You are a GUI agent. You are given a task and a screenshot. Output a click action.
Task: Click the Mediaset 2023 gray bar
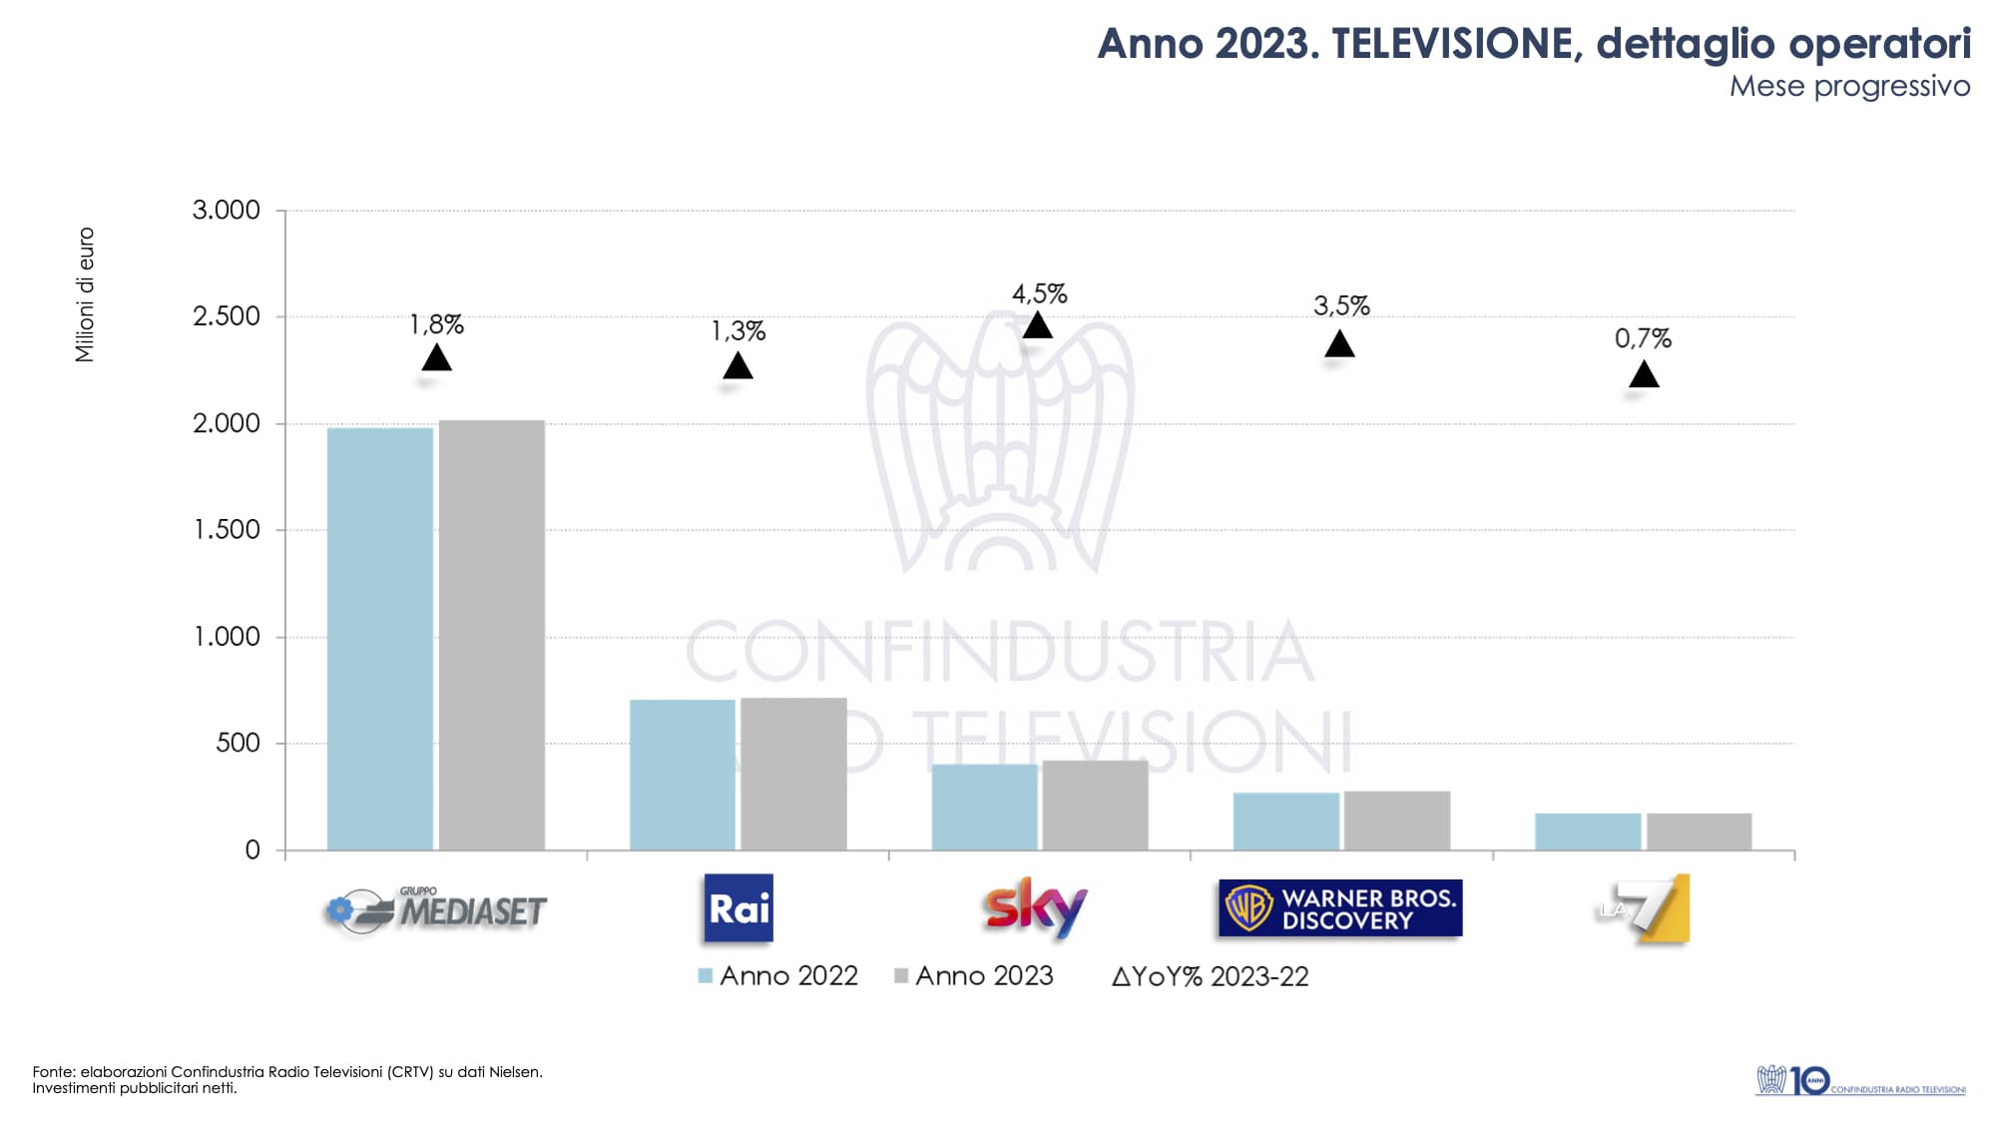[x=492, y=635]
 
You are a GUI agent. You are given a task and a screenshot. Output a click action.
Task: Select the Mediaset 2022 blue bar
[x=380, y=639]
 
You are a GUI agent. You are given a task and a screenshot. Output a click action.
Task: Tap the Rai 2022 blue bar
[x=683, y=775]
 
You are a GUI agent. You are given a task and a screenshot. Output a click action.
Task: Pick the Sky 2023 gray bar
[x=1096, y=806]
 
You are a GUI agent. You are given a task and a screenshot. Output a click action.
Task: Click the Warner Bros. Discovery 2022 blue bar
[x=1286, y=822]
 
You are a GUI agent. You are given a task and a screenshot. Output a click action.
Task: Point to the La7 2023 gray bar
[x=1700, y=833]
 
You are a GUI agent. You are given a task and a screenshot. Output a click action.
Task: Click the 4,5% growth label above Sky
[x=1039, y=294]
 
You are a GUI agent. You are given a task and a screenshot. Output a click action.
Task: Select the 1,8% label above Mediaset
[x=437, y=325]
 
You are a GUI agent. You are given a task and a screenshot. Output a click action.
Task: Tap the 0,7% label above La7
[x=1643, y=339]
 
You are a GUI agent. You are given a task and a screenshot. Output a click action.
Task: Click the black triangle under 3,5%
[x=1339, y=345]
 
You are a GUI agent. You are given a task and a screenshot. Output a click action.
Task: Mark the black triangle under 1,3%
[x=738, y=366]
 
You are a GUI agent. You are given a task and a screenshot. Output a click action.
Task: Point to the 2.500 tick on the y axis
[x=227, y=316]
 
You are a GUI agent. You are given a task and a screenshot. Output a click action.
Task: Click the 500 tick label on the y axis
[x=239, y=743]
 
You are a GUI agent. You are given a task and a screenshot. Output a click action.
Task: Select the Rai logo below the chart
[x=739, y=908]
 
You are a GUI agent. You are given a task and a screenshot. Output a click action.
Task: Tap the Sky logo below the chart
[x=1036, y=908]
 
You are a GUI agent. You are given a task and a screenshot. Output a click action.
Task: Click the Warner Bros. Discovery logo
[x=1339, y=908]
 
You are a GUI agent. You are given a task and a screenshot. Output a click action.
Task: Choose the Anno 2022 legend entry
[x=778, y=976]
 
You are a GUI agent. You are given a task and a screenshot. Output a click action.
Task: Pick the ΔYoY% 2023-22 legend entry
[x=1210, y=977]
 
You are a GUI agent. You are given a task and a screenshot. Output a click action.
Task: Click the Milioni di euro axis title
[x=86, y=294]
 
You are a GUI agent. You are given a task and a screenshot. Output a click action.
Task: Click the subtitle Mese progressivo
[x=1849, y=87]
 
